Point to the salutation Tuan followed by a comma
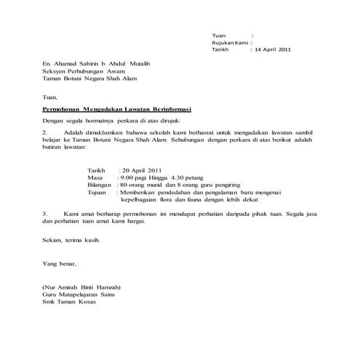coord(49,95)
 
